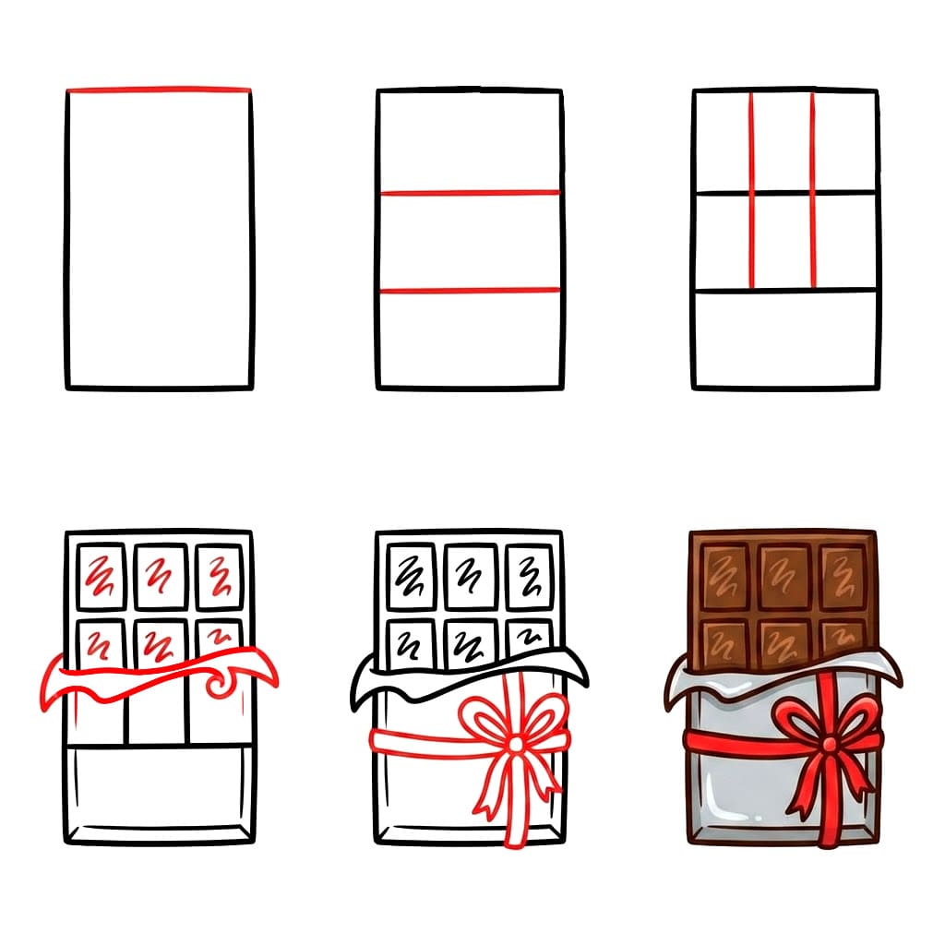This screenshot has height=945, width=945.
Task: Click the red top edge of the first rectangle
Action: (x=159, y=90)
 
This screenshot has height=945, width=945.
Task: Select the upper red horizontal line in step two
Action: (x=470, y=193)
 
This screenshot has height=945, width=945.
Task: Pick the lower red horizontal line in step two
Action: (x=470, y=291)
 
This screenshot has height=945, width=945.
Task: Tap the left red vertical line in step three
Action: (x=751, y=190)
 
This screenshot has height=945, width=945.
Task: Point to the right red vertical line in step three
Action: (x=813, y=190)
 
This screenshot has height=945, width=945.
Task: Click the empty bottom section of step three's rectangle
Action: (x=784, y=339)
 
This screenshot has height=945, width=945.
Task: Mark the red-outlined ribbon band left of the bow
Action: (x=415, y=740)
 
